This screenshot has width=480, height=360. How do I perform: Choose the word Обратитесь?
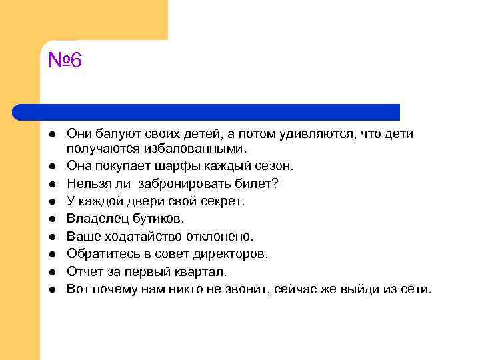pos(99,254)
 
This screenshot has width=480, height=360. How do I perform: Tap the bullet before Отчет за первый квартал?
pos(51,273)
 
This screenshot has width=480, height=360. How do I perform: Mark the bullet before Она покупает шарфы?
pos(51,165)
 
